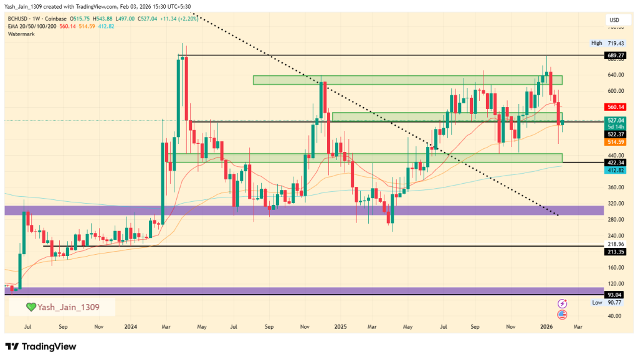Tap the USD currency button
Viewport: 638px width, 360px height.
(614, 21)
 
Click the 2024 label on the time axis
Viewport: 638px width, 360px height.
(131, 326)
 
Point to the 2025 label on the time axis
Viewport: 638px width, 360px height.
(340, 326)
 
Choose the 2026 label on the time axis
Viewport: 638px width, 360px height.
(546, 326)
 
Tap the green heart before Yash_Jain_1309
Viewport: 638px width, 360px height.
(31, 307)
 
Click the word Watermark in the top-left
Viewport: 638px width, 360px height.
(21, 34)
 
